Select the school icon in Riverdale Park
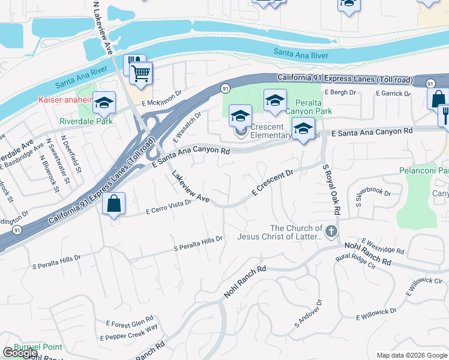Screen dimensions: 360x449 point(104,103)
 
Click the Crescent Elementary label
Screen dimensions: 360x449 point(271,131)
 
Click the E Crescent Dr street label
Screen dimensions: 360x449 point(272,182)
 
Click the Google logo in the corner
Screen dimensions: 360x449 point(20,353)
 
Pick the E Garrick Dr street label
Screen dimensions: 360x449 point(393,94)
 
